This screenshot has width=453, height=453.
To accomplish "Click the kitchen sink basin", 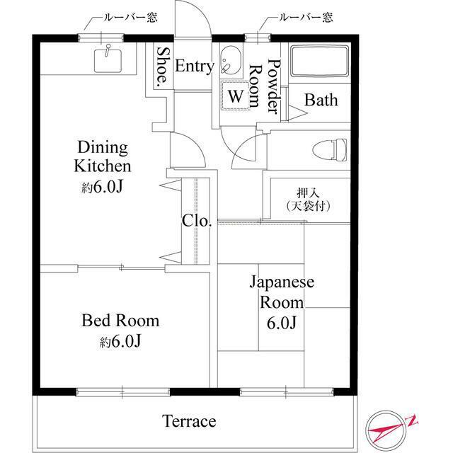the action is [x=108, y=61].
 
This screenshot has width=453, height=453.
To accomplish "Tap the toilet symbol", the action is [x=330, y=149].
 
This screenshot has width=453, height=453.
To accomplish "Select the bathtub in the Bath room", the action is [x=319, y=61].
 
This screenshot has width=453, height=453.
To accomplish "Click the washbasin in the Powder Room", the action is [x=230, y=60].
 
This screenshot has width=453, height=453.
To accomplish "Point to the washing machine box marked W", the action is [x=236, y=96].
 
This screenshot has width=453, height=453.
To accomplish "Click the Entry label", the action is [x=195, y=66].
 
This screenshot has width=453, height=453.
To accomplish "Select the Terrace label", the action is [x=189, y=421].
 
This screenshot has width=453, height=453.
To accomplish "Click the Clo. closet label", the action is [x=197, y=221].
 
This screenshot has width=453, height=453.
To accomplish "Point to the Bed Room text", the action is [x=120, y=321].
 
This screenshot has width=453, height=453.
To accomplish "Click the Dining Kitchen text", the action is [x=103, y=156].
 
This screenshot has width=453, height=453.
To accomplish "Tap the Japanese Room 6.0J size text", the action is [x=282, y=323].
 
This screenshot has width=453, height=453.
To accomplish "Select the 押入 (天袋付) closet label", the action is [x=308, y=200].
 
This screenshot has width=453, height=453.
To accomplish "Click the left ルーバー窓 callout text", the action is [x=130, y=18].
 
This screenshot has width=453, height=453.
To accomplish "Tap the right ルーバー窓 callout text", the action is [x=305, y=17].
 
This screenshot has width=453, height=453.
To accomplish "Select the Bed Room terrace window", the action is [x=123, y=392].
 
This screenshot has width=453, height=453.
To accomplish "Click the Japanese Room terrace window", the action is [x=287, y=392].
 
